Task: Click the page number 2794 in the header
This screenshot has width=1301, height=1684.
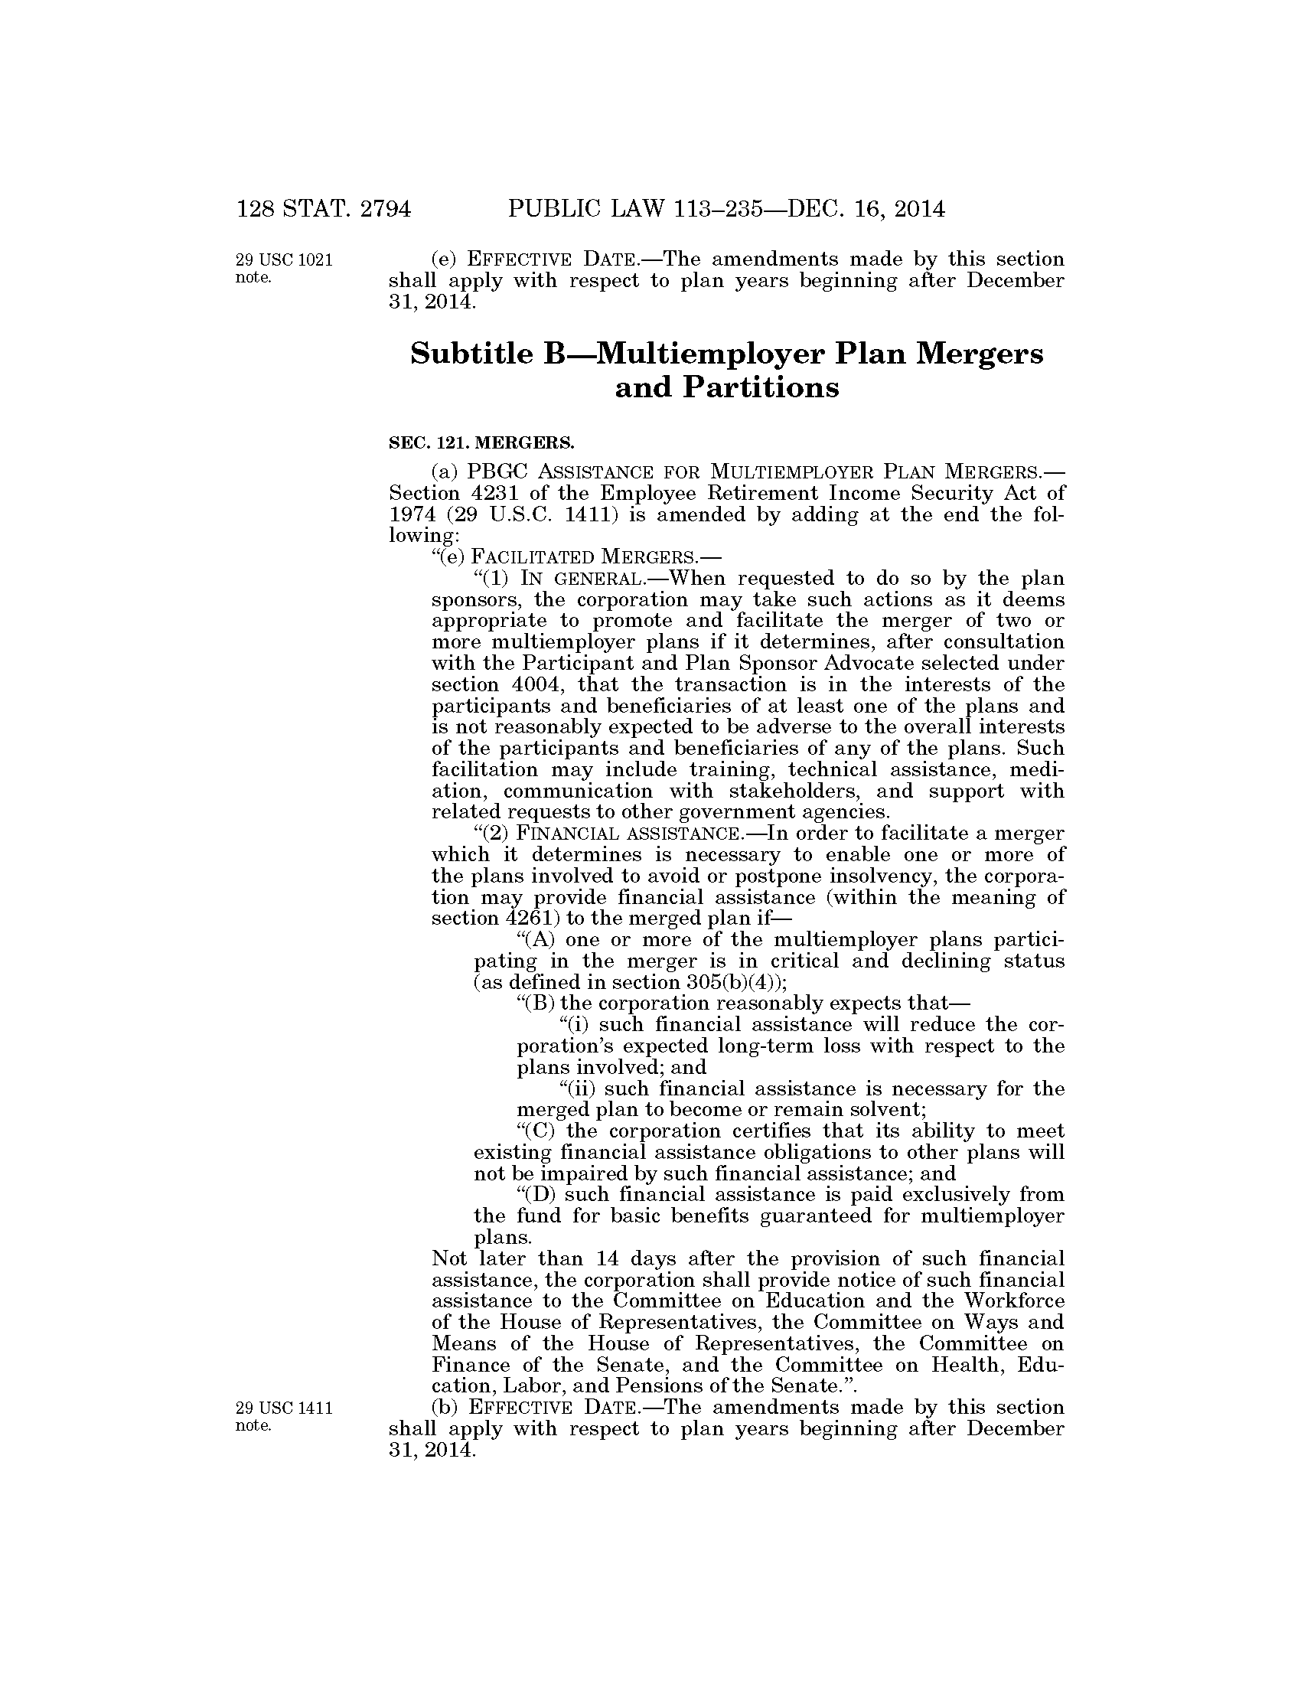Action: pyautogui.click(x=385, y=209)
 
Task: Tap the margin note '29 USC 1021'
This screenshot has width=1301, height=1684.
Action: pyautogui.click(x=284, y=259)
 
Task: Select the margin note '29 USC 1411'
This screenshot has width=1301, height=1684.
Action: pyautogui.click(x=284, y=1408)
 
